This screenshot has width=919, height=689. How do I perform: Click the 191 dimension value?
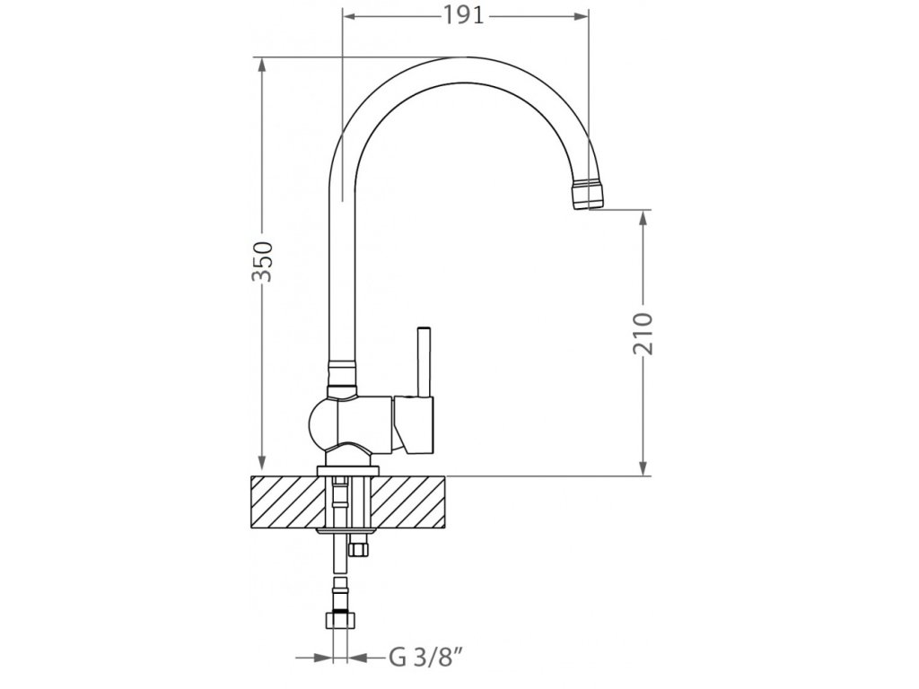pos(463,16)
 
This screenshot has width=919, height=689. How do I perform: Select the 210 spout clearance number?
pos(643,334)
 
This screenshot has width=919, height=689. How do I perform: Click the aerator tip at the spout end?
pos(588,194)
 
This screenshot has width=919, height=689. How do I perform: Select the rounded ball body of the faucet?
pos(323,424)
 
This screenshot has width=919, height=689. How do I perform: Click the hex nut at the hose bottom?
pos(340,620)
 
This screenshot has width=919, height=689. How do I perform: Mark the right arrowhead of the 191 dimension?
pos(581,17)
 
